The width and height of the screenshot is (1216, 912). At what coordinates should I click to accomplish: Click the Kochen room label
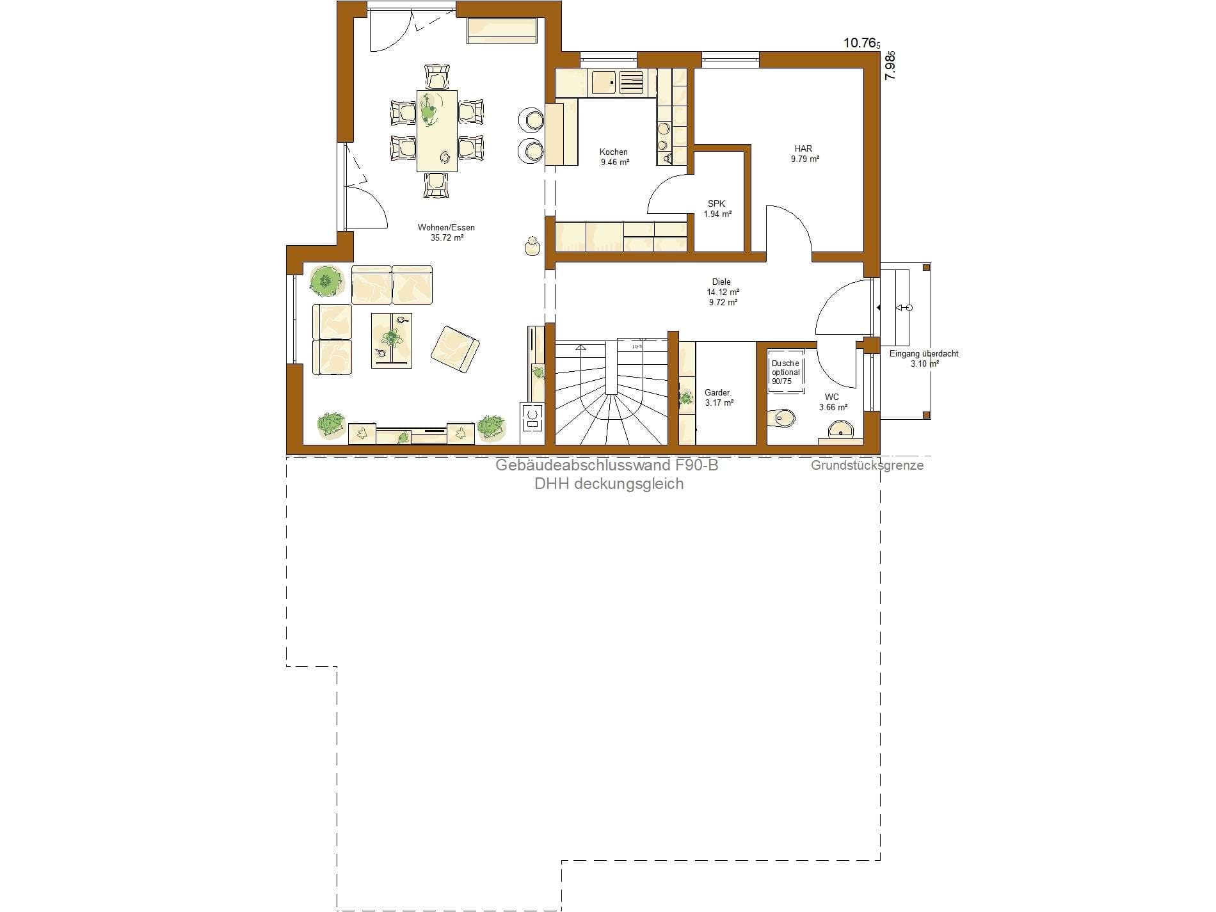[614, 157]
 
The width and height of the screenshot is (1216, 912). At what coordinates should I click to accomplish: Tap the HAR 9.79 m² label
[804, 154]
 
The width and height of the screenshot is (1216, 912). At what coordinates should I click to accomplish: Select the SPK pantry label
[717, 209]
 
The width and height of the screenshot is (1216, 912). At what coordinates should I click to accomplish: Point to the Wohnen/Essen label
[446, 232]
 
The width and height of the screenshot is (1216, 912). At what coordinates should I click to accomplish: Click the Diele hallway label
[723, 292]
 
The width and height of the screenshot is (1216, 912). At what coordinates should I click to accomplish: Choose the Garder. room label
[719, 397]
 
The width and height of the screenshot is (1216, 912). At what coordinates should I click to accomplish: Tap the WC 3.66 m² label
[833, 402]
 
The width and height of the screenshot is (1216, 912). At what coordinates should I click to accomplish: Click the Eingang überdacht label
[924, 358]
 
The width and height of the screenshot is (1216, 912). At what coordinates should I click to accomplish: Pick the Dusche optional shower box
[785, 372]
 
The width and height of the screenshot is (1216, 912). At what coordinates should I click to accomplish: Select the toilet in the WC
[782, 417]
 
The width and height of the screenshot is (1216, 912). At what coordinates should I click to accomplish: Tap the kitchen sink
[603, 83]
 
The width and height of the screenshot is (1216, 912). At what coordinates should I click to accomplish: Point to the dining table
[437, 131]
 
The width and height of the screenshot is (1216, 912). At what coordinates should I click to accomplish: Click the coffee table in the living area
[392, 340]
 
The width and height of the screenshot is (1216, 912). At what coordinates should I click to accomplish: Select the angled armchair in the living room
[455, 349]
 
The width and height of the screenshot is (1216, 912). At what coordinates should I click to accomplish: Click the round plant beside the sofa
[325, 281]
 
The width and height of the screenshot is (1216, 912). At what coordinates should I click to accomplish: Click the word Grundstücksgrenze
[867, 465]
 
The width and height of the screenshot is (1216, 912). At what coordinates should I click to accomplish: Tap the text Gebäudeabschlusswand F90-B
[607, 465]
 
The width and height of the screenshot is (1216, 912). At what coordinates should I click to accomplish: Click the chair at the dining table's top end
[437, 77]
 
